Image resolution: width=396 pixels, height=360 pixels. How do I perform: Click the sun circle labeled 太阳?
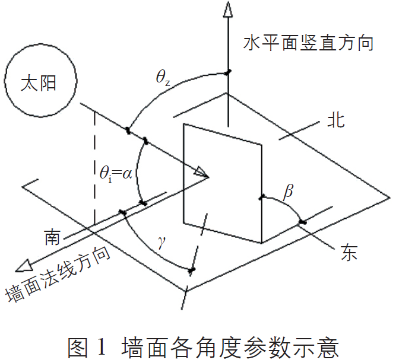click(40, 83)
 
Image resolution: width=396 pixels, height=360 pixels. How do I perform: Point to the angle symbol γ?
click(161, 243)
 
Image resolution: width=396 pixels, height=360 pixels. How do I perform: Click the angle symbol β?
click(289, 191)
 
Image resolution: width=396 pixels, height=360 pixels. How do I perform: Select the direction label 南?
click(51, 237)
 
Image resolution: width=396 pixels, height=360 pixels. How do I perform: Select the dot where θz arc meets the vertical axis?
click(228, 73)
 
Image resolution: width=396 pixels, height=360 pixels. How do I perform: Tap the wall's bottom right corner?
click(261, 243)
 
